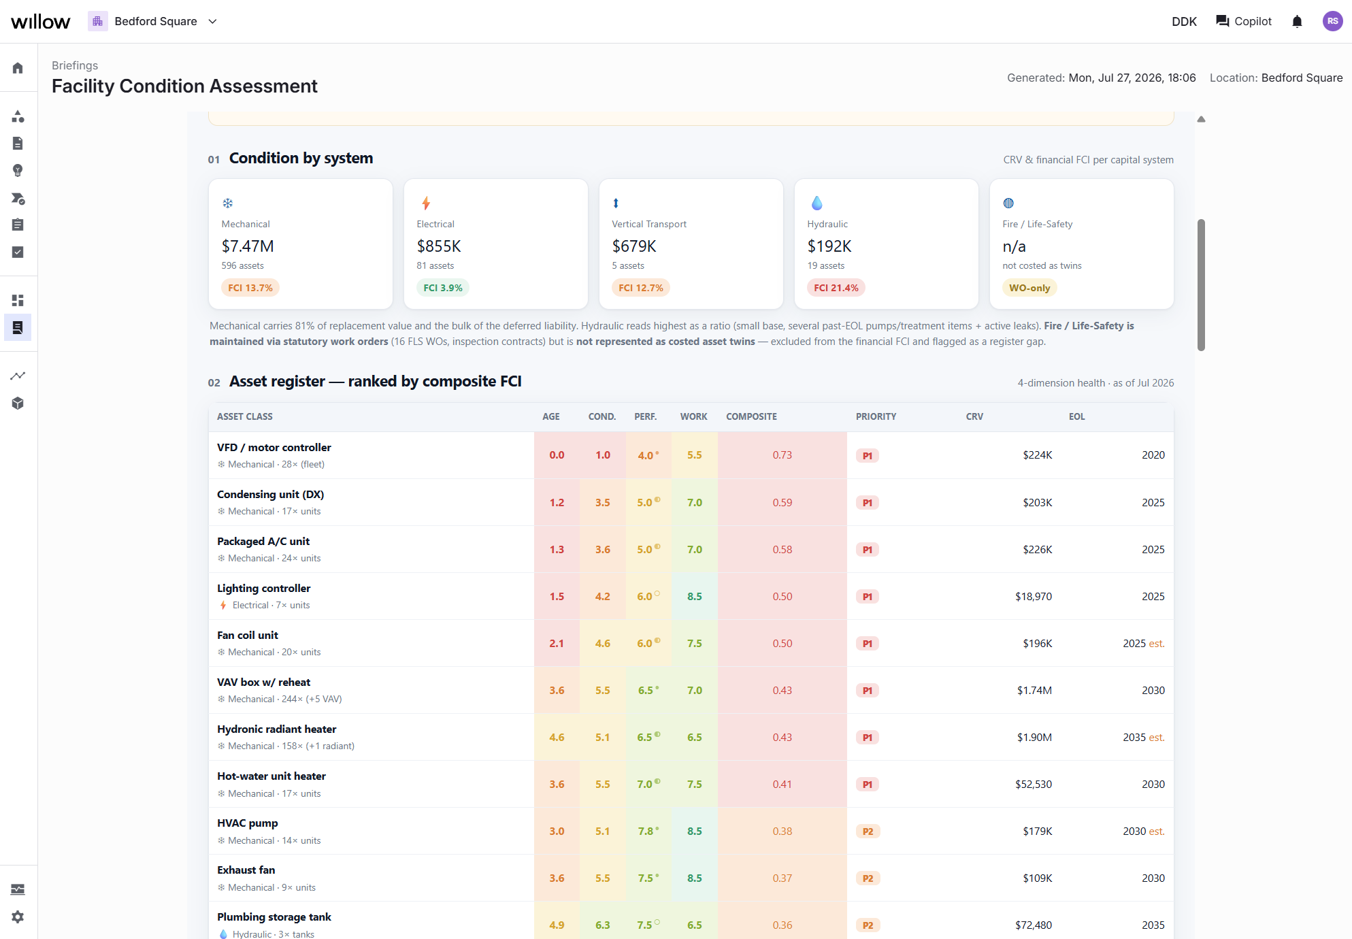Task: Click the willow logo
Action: tap(40, 22)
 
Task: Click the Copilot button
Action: tap(1243, 22)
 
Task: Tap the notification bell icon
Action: tap(1297, 22)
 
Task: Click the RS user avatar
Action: tap(1332, 22)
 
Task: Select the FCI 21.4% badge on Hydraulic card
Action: tap(836, 288)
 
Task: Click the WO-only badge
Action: tap(1029, 288)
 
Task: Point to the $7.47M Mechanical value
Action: tap(248, 246)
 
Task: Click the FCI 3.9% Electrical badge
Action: tap(443, 288)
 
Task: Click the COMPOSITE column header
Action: tap(751, 416)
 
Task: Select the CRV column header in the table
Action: tap(974, 416)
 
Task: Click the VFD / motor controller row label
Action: tap(274, 447)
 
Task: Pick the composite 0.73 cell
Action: tap(782, 455)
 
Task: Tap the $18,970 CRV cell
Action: tap(1034, 596)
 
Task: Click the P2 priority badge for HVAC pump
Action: tap(868, 831)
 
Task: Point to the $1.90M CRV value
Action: tap(1034, 737)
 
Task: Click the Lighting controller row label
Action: tap(264, 588)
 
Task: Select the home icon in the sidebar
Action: tap(18, 67)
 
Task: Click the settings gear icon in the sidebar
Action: tap(18, 917)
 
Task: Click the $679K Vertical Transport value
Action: tap(634, 246)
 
